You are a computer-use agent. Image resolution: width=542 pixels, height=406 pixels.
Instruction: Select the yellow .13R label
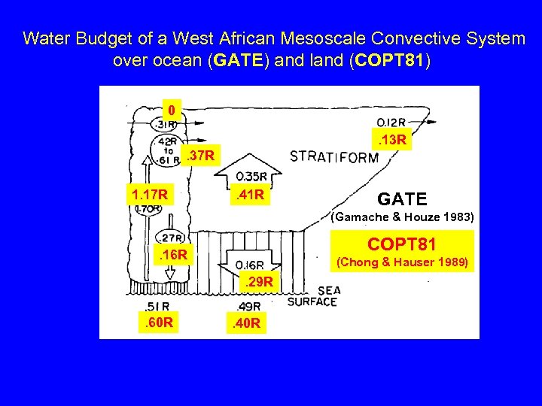[x=392, y=140]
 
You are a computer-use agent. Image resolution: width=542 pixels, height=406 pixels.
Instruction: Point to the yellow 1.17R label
[x=149, y=196]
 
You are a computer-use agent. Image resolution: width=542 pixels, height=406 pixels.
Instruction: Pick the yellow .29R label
[x=257, y=282]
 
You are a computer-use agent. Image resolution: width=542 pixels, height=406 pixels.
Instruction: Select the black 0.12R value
[x=393, y=122]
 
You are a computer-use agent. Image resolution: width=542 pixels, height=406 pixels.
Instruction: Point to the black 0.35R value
[x=252, y=177]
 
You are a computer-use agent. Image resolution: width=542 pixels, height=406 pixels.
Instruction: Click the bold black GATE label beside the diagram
[x=402, y=199]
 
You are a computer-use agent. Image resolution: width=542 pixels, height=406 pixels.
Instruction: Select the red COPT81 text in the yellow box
[x=402, y=246]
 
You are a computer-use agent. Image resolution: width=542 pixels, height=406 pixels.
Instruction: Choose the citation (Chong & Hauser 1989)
[x=403, y=262]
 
